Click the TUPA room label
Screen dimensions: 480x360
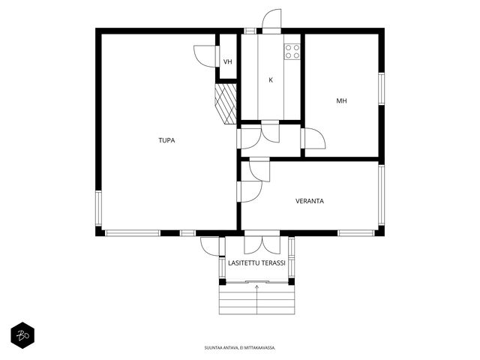(166, 140)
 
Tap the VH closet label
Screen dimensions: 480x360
(228, 61)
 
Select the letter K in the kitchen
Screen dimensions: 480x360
(271, 80)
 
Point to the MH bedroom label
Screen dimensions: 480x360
(342, 100)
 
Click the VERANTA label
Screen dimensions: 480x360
(310, 201)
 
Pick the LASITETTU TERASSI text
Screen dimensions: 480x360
(256, 263)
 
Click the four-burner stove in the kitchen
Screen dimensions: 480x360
(292, 52)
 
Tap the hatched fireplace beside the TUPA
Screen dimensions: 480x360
(226, 103)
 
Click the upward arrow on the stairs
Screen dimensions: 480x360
(256, 299)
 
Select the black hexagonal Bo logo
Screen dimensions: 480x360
(22, 335)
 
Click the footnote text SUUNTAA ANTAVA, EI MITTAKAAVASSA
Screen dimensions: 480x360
(240, 348)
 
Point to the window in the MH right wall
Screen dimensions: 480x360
(381, 88)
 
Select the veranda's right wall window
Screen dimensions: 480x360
(381, 195)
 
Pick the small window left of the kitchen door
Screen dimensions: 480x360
(250, 31)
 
